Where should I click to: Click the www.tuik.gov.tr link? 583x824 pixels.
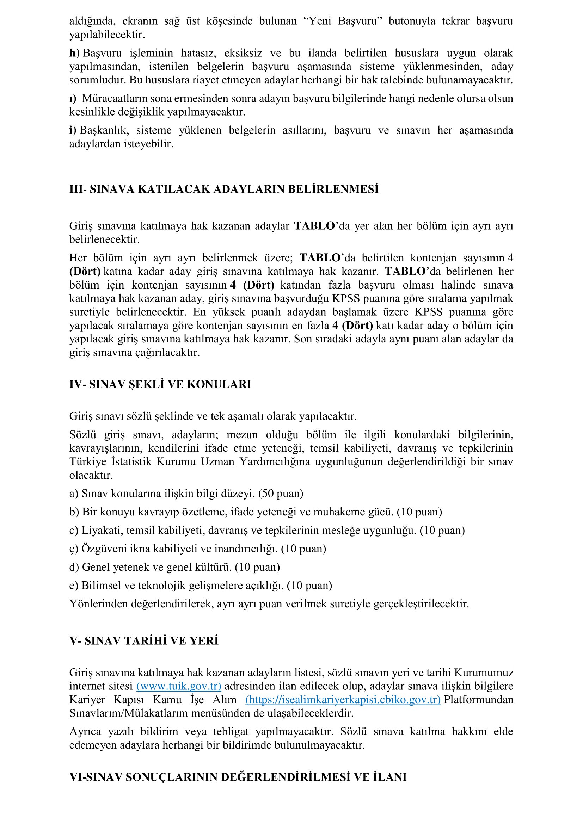click(x=179, y=686)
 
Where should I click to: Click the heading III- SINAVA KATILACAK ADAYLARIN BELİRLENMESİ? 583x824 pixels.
click(x=224, y=189)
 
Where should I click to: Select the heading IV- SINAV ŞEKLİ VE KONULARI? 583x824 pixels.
click(x=160, y=384)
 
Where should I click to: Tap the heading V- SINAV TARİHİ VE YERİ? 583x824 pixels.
click(x=143, y=640)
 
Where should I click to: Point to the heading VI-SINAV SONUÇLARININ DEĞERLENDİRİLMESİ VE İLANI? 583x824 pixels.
click(x=238, y=777)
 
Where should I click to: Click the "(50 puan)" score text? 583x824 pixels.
click(x=281, y=494)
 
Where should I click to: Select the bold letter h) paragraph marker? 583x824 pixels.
click(x=74, y=53)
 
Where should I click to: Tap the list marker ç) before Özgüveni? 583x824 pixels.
click(x=74, y=549)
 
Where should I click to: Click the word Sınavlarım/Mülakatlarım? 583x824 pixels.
click(x=129, y=713)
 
